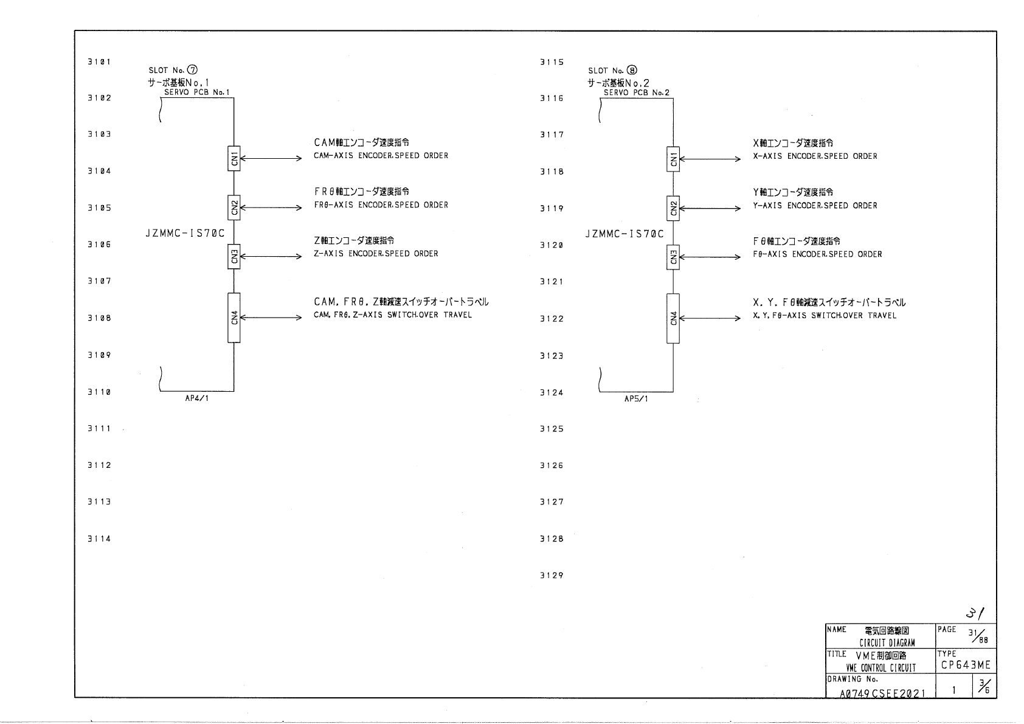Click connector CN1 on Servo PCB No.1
tap(234, 159)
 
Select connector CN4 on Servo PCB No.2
tap(673, 318)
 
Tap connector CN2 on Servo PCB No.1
tap(234, 207)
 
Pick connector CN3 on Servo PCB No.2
tap(673, 257)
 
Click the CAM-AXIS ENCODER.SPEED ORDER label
tap(381, 156)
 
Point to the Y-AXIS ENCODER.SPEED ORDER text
tap(815, 206)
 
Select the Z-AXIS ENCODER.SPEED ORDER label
tap(376, 254)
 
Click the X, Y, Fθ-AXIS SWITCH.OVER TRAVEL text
tap(824, 316)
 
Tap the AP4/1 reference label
tap(196, 399)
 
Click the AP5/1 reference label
tap(635, 399)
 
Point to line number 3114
tap(99, 538)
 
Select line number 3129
tap(552, 576)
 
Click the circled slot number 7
tap(192, 71)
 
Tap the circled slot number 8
tap(632, 71)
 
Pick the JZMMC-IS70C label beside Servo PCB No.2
tap(624, 234)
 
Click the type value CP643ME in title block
tap(966, 666)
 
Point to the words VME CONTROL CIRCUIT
tap(880, 668)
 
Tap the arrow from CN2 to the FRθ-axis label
tap(271, 207)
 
